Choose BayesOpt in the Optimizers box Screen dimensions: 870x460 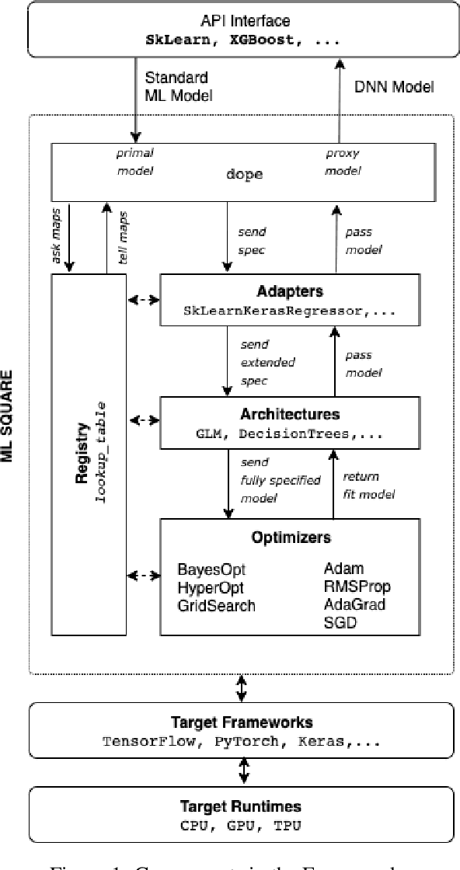pyautogui.click(x=207, y=570)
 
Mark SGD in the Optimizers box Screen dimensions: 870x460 pyautogui.click(x=340, y=622)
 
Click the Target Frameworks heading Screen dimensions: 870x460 pyautogui.click(x=241, y=722)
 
